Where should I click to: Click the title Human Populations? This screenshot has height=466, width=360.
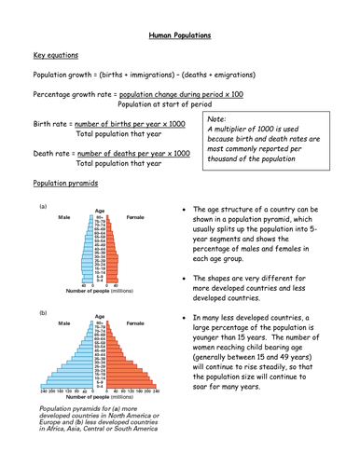coord(180,34)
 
